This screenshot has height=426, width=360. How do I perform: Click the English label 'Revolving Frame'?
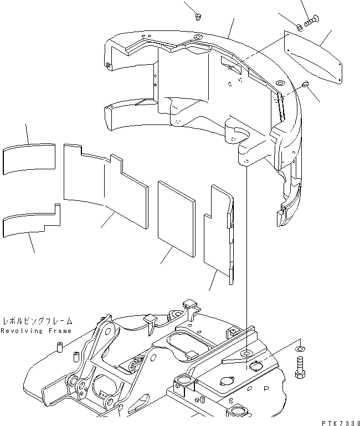36,331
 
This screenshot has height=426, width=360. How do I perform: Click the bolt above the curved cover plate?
310,20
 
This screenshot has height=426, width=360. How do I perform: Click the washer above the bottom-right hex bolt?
300,350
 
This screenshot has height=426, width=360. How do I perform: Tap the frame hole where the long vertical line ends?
245,352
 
